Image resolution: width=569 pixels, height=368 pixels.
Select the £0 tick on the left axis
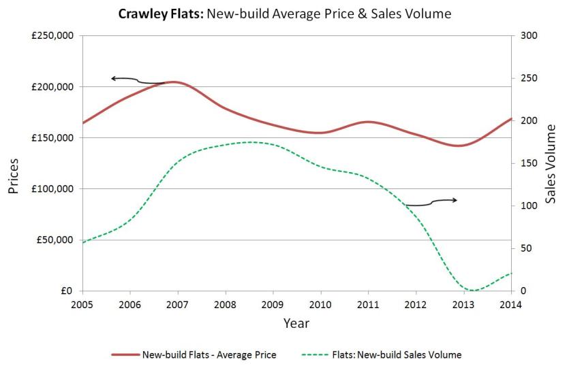click(67, 291)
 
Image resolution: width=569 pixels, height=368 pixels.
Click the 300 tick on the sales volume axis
click(527, 35)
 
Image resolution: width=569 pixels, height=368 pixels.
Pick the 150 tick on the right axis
click(527, 163)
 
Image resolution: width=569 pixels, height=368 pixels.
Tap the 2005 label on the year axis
click(82, 305)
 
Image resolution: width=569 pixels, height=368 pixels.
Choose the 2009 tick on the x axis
click(273, 305)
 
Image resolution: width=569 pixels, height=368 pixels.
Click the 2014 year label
click(510, 305)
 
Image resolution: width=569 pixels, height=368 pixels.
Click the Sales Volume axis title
click(552, 163)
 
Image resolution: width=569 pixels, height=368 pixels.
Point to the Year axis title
click(296, 323)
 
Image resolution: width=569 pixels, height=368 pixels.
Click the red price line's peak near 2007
click(174, 82)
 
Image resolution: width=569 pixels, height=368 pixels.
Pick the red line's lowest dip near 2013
click(458, 146)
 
